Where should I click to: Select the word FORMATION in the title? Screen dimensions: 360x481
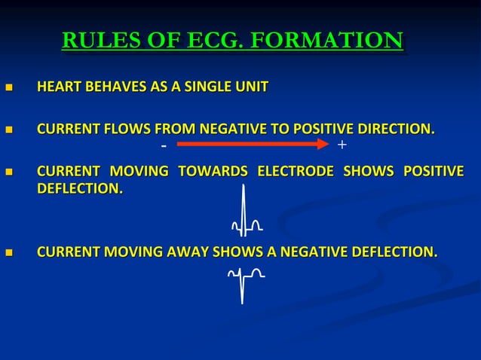pyautogui.click(x=326, y=41)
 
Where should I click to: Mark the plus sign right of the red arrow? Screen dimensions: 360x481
pyautogui.click(x=342, y=143)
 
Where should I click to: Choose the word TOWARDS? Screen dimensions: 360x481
pyautogui.click(x=212, y=171)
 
